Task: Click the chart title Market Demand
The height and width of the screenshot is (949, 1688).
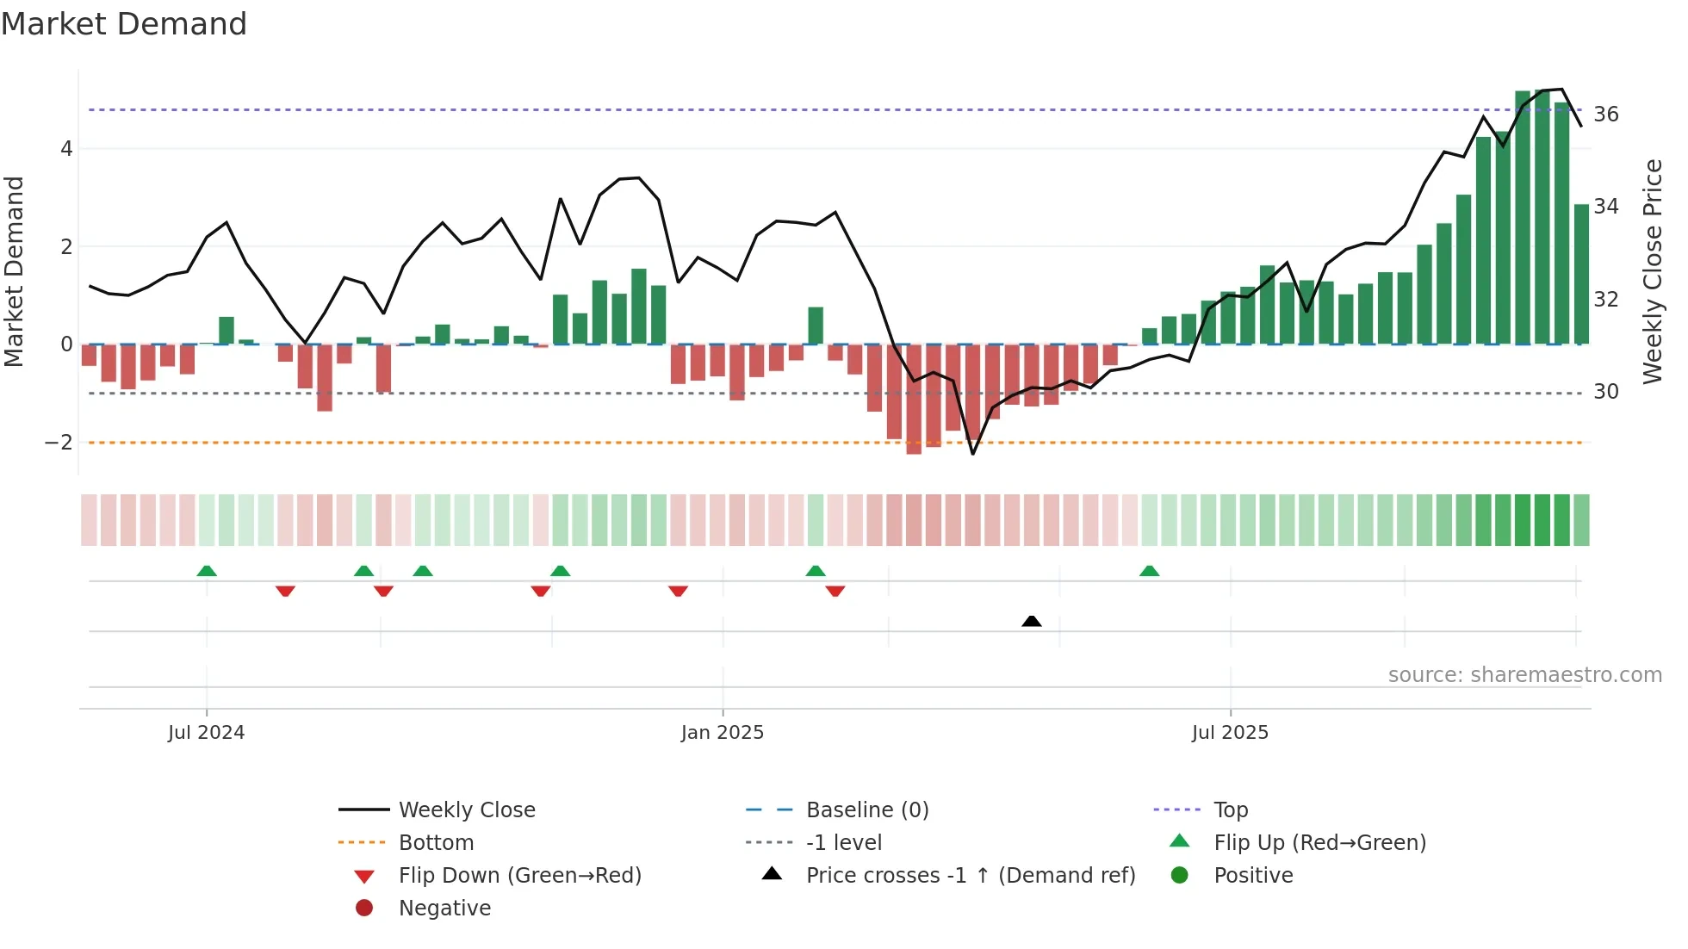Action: pos(124,24)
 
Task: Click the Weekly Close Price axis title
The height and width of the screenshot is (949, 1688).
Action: pos(1652,271)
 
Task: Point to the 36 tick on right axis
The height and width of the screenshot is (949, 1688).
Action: pos(1605,115)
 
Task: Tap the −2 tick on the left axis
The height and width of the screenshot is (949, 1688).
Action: pos(59,443)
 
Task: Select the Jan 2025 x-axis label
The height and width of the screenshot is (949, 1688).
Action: pos(722,733)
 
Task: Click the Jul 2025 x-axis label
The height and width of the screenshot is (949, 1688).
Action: pos(1230,733)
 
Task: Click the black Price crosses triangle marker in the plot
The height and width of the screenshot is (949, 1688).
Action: pos(1031,621)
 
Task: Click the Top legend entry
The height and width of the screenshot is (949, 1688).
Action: pos(1230,810)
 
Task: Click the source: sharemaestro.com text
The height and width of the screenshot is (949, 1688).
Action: pos(1524,675)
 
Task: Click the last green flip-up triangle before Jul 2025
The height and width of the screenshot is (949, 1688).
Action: pos(1149,571)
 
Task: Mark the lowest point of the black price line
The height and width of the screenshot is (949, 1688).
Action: pos(973,454)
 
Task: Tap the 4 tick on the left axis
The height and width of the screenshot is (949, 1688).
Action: pos(66,149)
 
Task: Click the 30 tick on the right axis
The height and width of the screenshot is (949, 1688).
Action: pos(1605,392)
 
